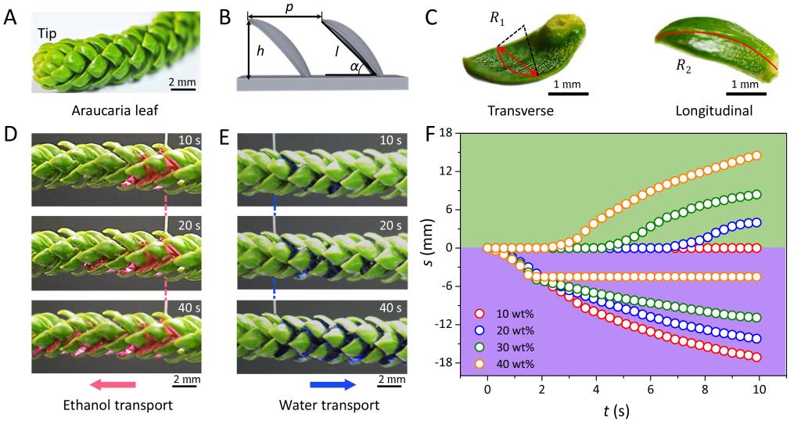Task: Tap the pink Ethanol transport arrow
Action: click(113, 384)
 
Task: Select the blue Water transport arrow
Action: click(332, 384)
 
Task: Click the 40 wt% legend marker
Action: click(480, 364)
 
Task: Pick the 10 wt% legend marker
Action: click(480, 314)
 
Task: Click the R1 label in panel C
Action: click(497, 18)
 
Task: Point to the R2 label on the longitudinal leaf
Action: click(684, 67)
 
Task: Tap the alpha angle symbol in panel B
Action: click(354, 67)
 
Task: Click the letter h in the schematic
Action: click(260, 51)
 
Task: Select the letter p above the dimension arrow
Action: click(289, 9)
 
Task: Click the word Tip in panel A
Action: click(46, 34)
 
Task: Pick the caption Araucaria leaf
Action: click(114, 111)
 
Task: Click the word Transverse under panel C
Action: click(520, 110)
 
